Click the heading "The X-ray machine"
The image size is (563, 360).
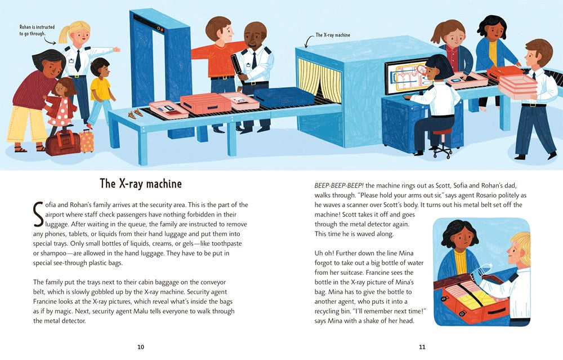[x=141, y=184]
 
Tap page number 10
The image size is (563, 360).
[x=141, y=347]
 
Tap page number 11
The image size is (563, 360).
[x=422, y=347]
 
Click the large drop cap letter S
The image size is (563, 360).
[x=38, y=215]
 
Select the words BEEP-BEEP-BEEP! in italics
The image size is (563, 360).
[x=339, y=186]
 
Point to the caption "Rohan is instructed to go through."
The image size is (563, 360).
[x=37, y=30]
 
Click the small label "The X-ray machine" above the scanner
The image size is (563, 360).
[x=333, y=35]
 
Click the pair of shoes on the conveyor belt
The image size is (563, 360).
[x=135, y=114]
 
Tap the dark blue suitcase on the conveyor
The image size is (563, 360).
[x=284, y=97]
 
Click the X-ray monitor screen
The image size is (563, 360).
[x=406, y=78]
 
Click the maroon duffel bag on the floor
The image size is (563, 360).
[x=63, y=143]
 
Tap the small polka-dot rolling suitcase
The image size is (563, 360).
[x=87, y=140]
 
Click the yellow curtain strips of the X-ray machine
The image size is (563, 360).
[x=320, y=80]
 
